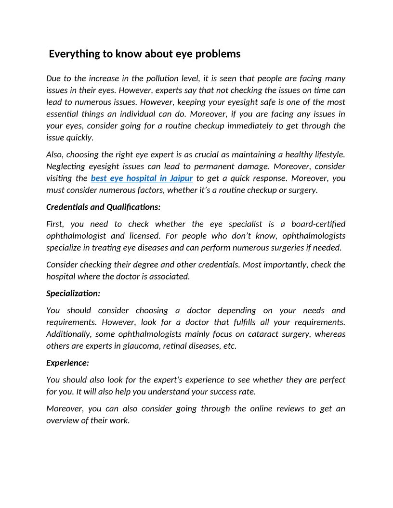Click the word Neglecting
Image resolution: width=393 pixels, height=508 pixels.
click(x=65, y=166)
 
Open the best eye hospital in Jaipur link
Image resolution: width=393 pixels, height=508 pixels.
click(x=142, y=178)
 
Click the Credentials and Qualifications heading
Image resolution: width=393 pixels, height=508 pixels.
click(x=103, y=207)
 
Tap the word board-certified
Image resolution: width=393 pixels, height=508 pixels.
click(x=318, y=224)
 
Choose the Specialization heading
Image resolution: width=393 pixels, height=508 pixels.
click(x=73, y=293)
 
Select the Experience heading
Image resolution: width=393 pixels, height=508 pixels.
click(x=67, y=363)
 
